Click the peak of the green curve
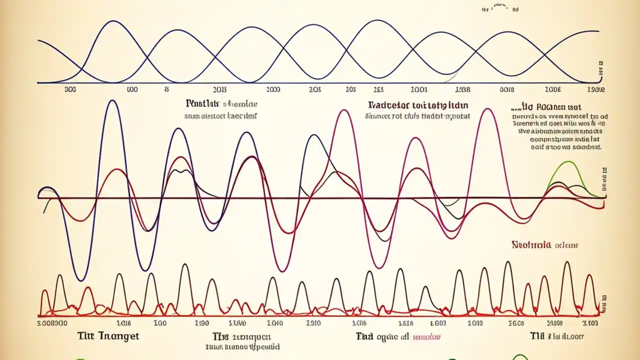[568, 162]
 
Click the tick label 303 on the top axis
[70, 90]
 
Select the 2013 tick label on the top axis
[219, 90]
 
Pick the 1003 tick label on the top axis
[418, 90]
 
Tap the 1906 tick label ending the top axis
[595, 90]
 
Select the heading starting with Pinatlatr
[202, 104]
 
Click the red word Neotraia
[531, 245]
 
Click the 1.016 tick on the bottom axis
[124, 324]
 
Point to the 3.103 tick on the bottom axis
[589, 324]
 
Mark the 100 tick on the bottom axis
[159, 324]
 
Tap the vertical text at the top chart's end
[600, 69]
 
